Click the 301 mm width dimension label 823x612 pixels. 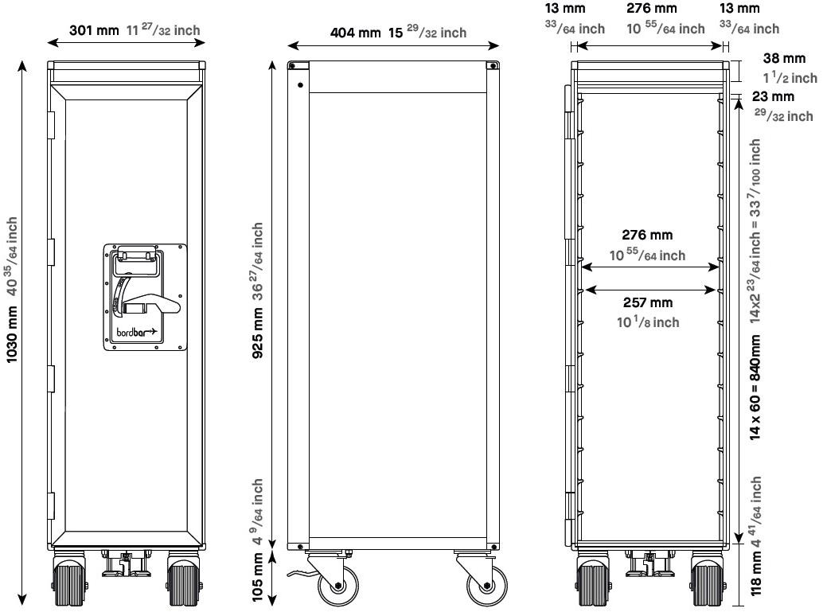point(95,30)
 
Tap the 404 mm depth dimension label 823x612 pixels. point(355,33)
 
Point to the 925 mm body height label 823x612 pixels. point(258,333)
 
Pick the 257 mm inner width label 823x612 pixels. point(648,302)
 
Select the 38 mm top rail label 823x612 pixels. point(784,58)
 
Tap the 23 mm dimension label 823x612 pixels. point(773,96)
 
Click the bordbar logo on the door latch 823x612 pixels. point(136,332)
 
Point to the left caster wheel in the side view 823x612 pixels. point(338,584)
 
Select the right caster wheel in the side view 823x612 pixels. point(487,584)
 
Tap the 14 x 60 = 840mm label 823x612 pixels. point(755,388)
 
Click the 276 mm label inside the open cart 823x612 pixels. point(647,235)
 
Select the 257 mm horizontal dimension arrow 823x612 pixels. point(650,290)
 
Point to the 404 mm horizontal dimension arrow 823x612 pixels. point(393,46)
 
